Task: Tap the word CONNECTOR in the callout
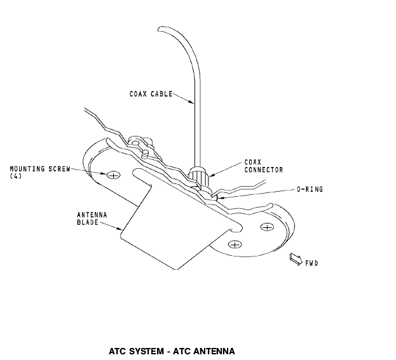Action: pyautogui.click(x=264, y=170)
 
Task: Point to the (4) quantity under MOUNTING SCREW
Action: pyautogui.click(x=16, y=175)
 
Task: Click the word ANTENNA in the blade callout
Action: pyautogui.click(x=88, y=215)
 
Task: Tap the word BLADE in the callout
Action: pyautogui.click(x=85, y=222)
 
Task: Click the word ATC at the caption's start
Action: pyautogui.click(x=118, y=350)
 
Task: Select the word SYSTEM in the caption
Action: pyautogui.click(x=147, y=350)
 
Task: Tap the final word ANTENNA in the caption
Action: pyautogui.click(x=214, y=350)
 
